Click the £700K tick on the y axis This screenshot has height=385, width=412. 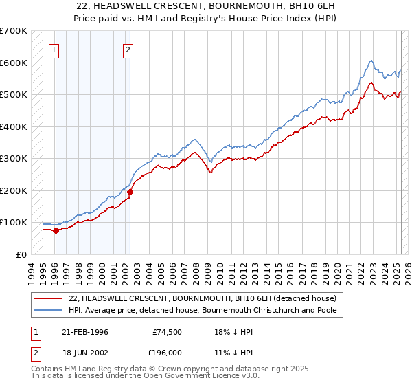(13, 31)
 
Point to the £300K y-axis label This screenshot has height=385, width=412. (13, 159)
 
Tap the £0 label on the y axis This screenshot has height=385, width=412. (21, 254)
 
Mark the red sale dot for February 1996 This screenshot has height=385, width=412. (56, 231)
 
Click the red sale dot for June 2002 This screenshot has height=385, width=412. (130, 192)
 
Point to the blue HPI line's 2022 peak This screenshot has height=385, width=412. (371, 61)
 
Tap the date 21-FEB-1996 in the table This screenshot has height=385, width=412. (85, 332)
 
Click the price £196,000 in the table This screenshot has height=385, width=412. (167, 351)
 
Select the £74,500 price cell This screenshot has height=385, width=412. (167, 332)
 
